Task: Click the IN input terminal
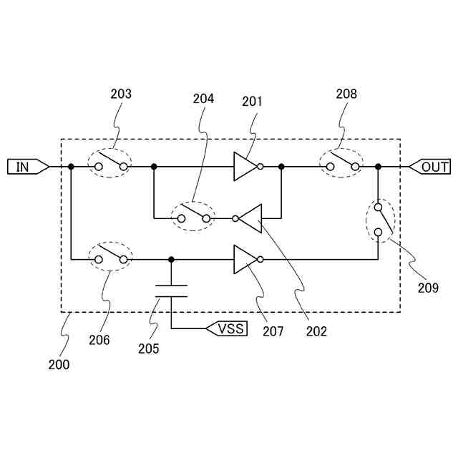27,167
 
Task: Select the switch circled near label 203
111,164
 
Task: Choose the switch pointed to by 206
111,257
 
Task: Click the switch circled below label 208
342,164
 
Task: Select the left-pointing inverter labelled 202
250,218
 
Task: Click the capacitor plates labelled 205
172,290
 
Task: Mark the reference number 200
59,364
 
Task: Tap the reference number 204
203,99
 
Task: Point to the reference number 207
273,331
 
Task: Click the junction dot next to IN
71,167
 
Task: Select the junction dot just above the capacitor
172,259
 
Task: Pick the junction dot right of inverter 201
281,167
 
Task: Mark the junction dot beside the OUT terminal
378,167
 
